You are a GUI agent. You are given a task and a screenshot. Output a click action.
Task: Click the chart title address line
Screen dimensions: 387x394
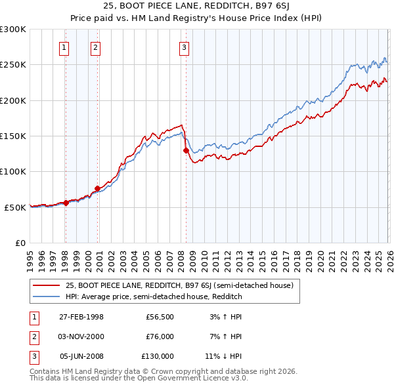pos(197,7)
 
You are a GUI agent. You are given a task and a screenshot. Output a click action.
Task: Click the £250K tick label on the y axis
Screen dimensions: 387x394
pos(13,65)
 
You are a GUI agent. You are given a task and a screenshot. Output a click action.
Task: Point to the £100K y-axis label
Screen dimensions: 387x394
pos(13,172)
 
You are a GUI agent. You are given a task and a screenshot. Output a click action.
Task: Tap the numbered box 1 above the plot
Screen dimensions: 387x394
pos(64,47)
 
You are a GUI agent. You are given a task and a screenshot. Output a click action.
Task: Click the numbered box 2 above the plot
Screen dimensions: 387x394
pos(96,47)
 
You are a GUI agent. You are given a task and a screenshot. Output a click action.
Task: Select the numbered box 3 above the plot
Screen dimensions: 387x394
pos(184,47)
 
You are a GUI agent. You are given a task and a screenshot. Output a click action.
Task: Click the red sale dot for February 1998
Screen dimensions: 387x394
pos(66,203)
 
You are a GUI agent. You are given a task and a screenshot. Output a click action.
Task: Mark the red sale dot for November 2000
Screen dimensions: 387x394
pos(97,189)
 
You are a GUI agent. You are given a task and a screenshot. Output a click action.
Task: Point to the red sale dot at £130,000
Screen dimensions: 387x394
pos(185,150)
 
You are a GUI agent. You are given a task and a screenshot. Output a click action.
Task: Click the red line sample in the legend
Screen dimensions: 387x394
pos(46,285)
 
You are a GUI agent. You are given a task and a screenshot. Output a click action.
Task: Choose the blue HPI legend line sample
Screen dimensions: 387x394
pos(46,296)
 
